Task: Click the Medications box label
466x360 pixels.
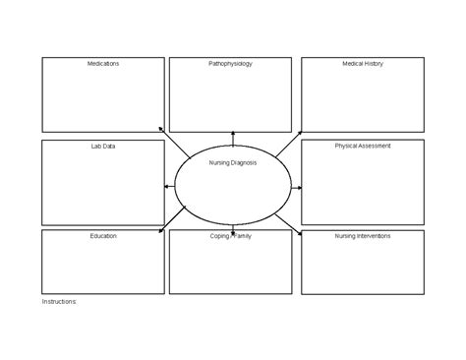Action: click(103, 63)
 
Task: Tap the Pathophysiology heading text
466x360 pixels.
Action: click(230, 63)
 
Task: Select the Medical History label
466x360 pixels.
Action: click(363, 63)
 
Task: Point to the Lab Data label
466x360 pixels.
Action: click(103, 146)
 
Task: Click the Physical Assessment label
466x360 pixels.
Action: click(363, 146)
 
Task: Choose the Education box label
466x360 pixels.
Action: click(103, 236)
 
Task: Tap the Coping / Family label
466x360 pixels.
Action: click(231, 236)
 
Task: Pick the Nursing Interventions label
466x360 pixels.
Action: click(363, 236)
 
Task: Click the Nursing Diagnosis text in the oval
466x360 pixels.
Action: click(233, 163)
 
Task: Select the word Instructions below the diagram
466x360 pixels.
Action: click(58, 302)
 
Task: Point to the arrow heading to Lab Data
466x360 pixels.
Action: click(170, 186)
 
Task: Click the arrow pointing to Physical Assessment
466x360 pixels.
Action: click(296, 186)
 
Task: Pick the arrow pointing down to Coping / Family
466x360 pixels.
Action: click(233, 229)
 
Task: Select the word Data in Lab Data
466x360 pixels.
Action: click(110, 146)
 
